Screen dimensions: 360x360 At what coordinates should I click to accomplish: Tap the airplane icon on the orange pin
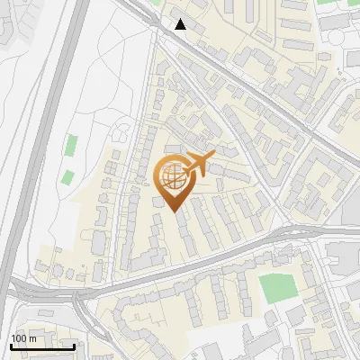coord(197,165)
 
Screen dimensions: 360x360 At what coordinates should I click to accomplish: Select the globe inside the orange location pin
coord(173,176)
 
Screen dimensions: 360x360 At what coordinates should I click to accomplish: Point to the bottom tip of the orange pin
coord(174,212)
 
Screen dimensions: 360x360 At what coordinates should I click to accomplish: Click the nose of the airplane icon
coord(212,156)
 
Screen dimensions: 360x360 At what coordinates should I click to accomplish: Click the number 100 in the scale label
coord(19,337)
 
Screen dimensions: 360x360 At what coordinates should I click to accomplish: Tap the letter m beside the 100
coord(32,337)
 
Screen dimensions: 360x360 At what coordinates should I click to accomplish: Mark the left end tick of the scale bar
coord(10,346)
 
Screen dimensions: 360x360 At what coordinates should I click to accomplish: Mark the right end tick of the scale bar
coord(75,346)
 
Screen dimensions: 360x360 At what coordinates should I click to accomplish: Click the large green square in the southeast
coord(277,287)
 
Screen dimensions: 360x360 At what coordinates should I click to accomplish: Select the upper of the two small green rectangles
coord(71,145)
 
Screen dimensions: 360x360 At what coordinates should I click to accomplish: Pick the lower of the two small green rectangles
coord(67,176)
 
